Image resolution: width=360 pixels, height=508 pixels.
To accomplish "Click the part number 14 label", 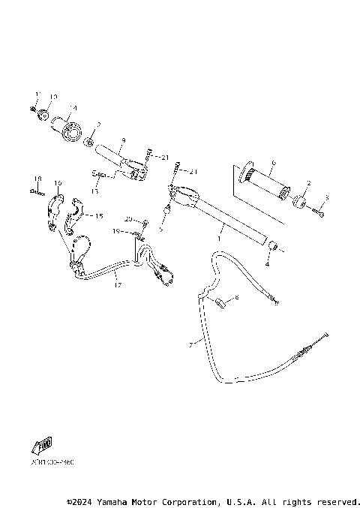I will (73, 108).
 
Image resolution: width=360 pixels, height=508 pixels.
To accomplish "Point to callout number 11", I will (36, 94).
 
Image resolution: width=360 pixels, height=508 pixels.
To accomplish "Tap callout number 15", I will (97, 215).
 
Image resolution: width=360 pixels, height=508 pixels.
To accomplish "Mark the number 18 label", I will (34, 179).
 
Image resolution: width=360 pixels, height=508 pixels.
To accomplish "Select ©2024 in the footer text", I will (80, 500).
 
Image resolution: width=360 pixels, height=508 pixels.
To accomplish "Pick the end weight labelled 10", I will (43, 115).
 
